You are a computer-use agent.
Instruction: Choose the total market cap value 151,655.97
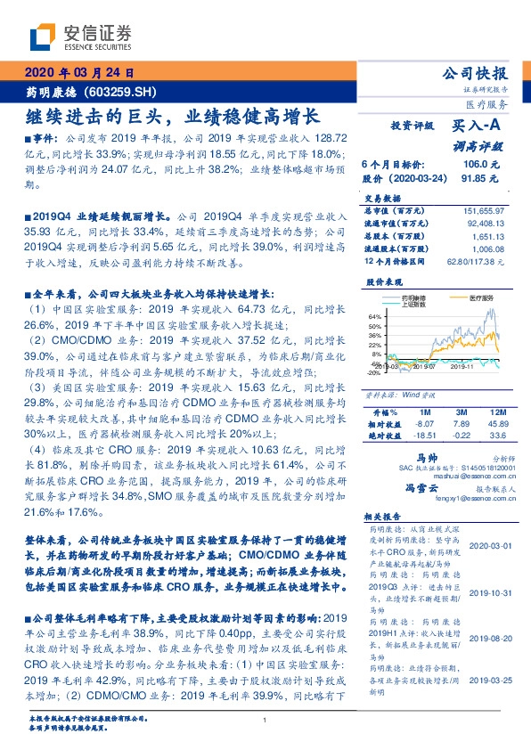484,208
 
